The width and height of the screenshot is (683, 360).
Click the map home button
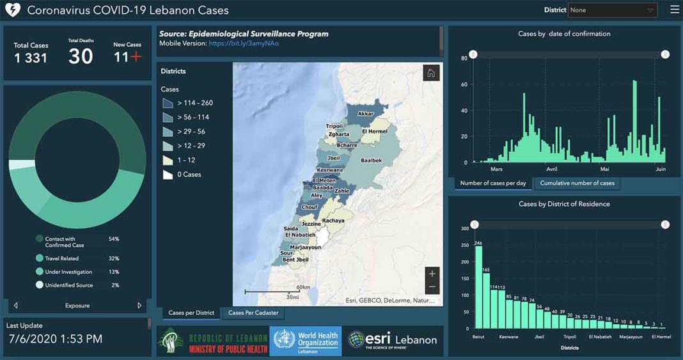[431, 73]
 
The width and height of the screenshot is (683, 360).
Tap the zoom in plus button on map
[432, 274]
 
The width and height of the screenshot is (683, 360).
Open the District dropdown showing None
[612, 10]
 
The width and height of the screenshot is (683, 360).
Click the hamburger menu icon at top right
[675, 10]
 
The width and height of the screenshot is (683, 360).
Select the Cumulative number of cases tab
[577, 184]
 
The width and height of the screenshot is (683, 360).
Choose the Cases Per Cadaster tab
[253, 313]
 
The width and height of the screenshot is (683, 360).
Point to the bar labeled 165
[486, 301]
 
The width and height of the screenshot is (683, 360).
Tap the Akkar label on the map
[366, 114]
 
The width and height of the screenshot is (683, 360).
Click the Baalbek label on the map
[371, 160]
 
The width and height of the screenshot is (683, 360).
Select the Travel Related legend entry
[61, 258]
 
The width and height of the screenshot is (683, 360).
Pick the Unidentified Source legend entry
[68, 285]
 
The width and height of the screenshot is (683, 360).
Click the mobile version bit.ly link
[244, 43]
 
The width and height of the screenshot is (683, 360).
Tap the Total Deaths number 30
[81, 57]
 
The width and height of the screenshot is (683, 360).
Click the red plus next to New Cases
[136, 57]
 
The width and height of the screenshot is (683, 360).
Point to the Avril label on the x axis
[552, 169]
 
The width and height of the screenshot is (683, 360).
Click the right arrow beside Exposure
[139, 306]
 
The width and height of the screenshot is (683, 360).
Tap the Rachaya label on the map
[333, 221]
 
